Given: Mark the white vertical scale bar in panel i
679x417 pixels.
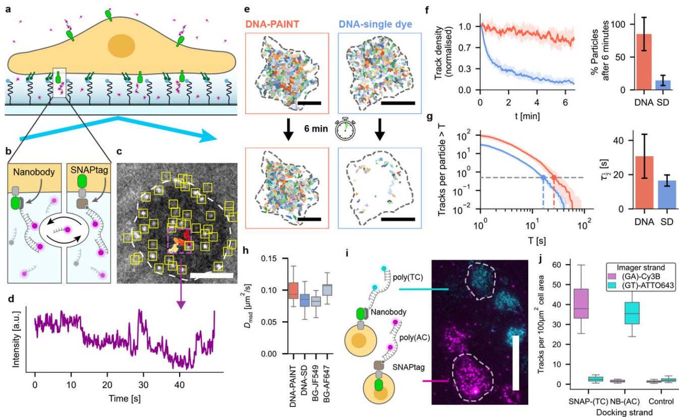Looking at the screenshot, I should coord(515,363).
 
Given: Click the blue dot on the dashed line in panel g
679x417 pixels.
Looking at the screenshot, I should coord(543,177).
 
